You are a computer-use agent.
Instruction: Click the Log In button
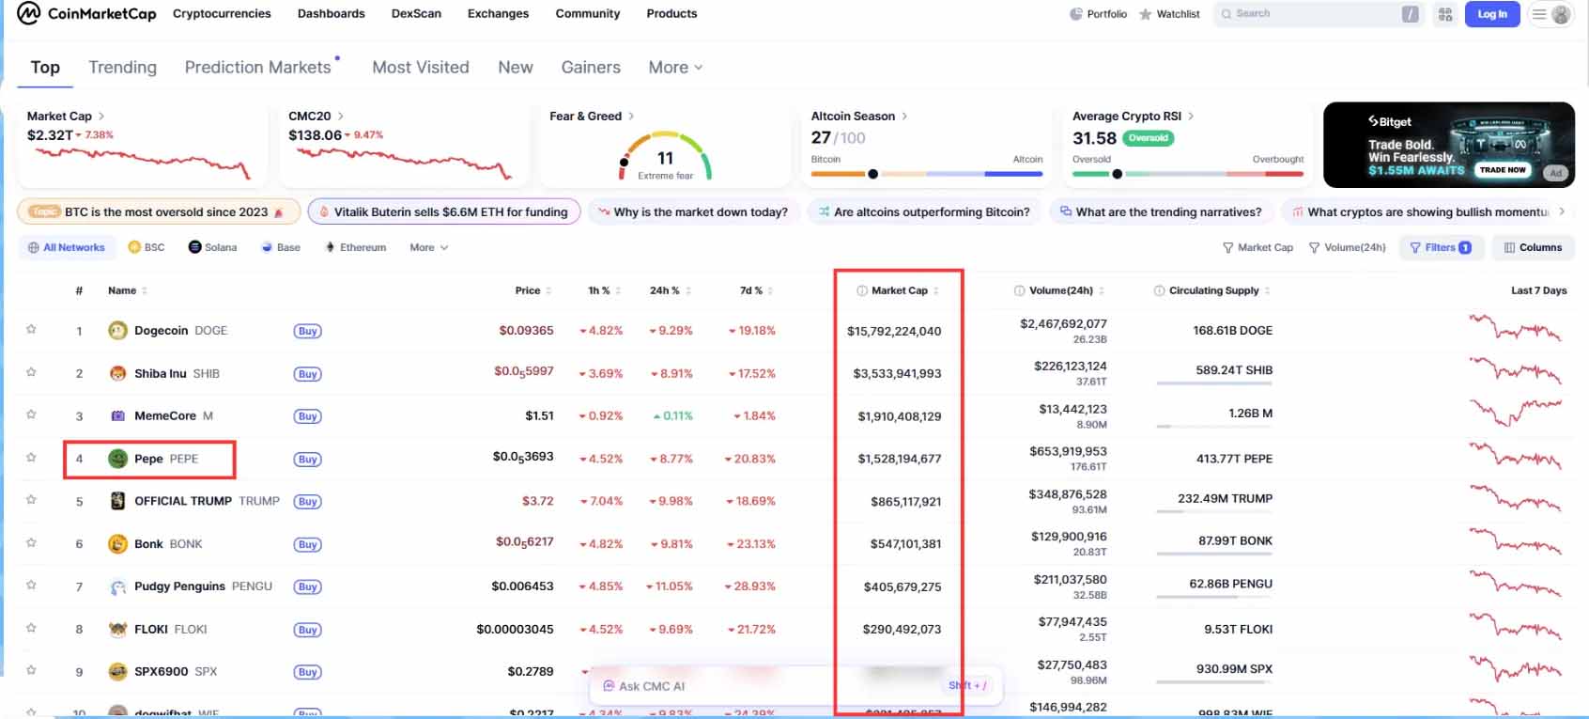pos(1491,14)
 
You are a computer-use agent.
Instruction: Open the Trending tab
pos(122,68)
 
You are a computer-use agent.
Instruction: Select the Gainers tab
pos(591,68)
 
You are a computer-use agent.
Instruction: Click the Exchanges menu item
pos(498,14)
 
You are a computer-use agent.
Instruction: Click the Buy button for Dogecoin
pos(307,331)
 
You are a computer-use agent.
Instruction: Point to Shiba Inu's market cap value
pos(897,374)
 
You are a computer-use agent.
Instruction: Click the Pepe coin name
pos(148,459)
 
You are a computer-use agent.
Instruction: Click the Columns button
pos(1533,247)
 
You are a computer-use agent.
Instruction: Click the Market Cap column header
pos(899,290)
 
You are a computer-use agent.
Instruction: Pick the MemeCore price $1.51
pos(539,415)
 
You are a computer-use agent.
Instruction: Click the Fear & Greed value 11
pos(665,158)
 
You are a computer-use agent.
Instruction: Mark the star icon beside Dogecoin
pos(31,330)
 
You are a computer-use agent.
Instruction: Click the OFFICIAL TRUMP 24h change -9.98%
pos(671,501)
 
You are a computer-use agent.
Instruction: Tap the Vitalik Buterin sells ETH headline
pos(450,212)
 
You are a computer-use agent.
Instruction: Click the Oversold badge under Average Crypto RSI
pos(1148,138)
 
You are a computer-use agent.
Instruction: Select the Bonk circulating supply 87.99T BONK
pos(1234,541)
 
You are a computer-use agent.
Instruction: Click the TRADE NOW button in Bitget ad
pos(1502,170)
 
